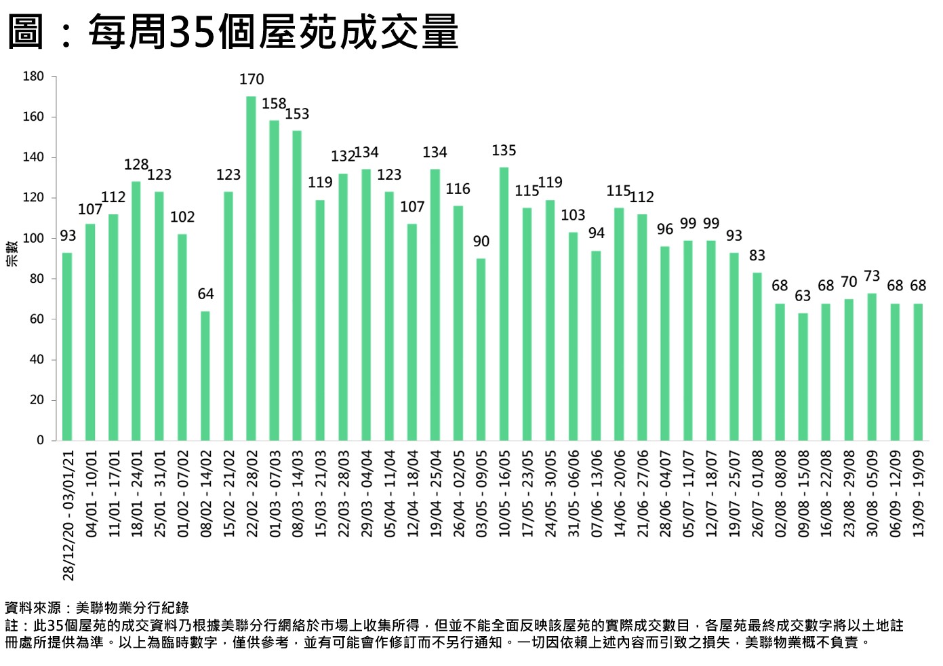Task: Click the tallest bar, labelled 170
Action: [x=251, y=268]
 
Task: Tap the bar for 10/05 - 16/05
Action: [x=504, y=303]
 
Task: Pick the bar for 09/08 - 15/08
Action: [x=803, y=376]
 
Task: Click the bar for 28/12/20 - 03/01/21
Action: [x=67, y=346]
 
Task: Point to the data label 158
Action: [x=274, y=104]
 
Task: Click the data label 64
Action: [x=205, y=294]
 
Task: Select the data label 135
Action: [x=504, y=151]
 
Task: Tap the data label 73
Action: [x=872, y=277]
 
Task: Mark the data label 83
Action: [x=757, y=256]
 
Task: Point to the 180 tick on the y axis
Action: [x=33, y=77]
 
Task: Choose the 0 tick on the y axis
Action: [x=40, y=441]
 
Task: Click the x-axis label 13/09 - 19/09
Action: [x=918, y=494]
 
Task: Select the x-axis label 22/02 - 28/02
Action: [x=251, y=494]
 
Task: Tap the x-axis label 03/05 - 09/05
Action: [x=481, y=494]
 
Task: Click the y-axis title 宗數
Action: [x=12, y=254]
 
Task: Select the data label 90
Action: [x=481, y=241]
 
